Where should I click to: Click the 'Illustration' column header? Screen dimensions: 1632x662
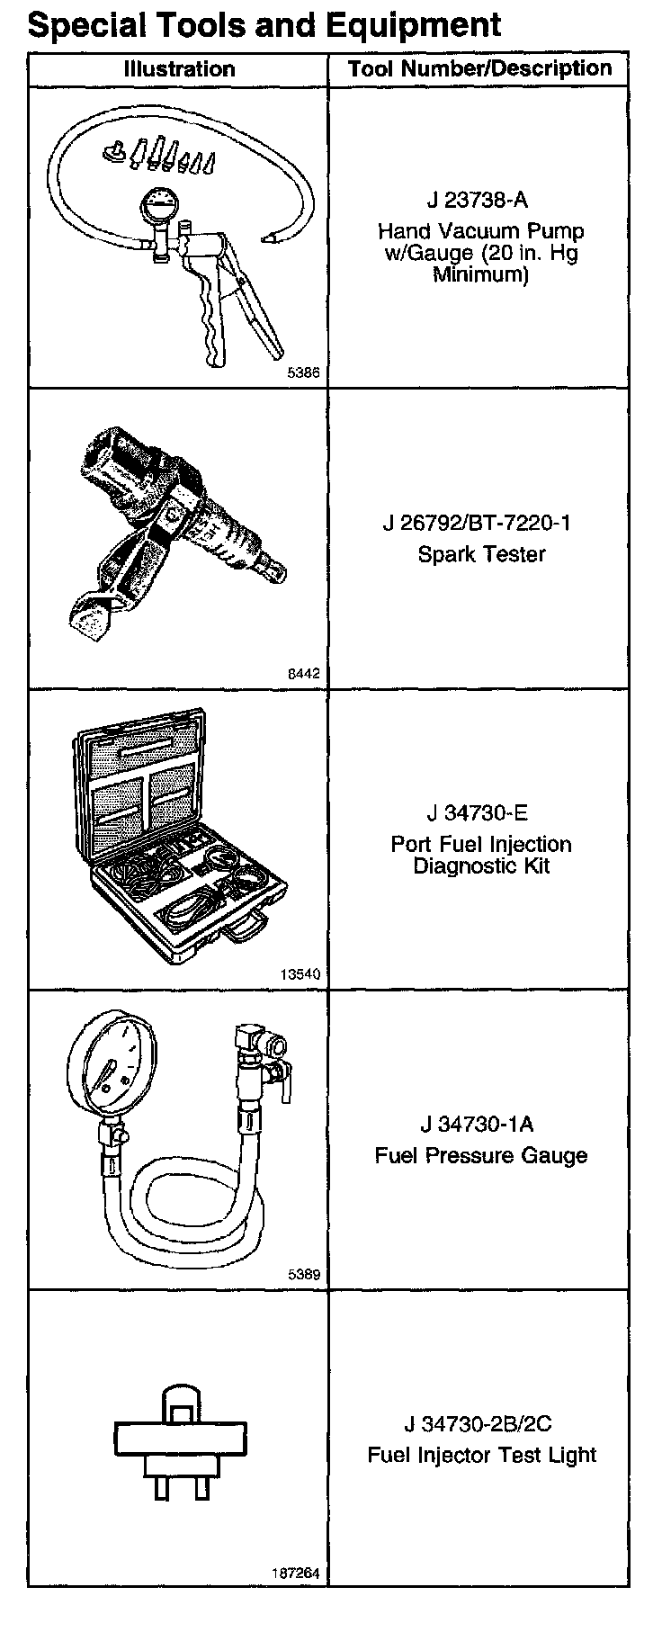[179, 69]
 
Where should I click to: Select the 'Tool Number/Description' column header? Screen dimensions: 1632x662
[479, 68]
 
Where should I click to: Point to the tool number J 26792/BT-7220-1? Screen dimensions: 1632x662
[481, 523]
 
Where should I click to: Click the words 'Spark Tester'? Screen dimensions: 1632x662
[481, 553]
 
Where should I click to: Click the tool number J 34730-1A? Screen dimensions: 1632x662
[477, 1124]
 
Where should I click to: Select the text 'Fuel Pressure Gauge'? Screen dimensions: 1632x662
[481, 1155]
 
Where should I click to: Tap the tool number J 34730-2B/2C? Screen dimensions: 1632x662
[478, 1424]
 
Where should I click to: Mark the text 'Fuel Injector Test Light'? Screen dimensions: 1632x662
[481, 1455]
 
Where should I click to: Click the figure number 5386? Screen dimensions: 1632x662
[303, 371]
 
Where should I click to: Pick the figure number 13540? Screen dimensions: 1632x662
[300, 973]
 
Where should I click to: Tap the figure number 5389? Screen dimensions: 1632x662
[303, 1274]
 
